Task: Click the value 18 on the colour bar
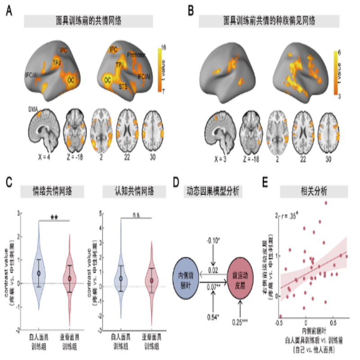[164, 47]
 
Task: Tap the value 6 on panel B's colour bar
[340, 53]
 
